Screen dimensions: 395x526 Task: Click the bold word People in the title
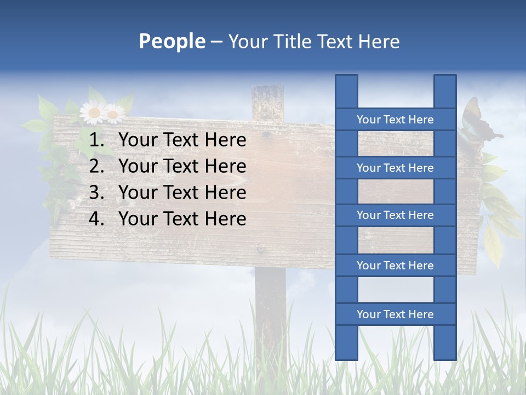[171, 41]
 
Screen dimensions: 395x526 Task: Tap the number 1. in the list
[97, 140]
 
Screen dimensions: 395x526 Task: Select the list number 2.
[97, 166]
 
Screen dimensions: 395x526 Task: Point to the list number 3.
[97, 193]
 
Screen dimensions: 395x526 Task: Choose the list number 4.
[97, 219]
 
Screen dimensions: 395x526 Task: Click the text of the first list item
[182, 140]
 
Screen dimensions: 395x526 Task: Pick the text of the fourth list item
[182, 219]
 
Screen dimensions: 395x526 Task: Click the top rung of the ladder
[395, 120]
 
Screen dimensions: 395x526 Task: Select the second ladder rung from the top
[395, 168]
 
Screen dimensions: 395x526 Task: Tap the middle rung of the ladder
[395, 216]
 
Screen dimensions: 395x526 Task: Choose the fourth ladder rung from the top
[395, 266]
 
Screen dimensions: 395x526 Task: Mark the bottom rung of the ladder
[395, 314]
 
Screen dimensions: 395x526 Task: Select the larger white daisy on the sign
[93, 112]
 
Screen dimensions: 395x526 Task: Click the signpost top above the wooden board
[268, 101]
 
